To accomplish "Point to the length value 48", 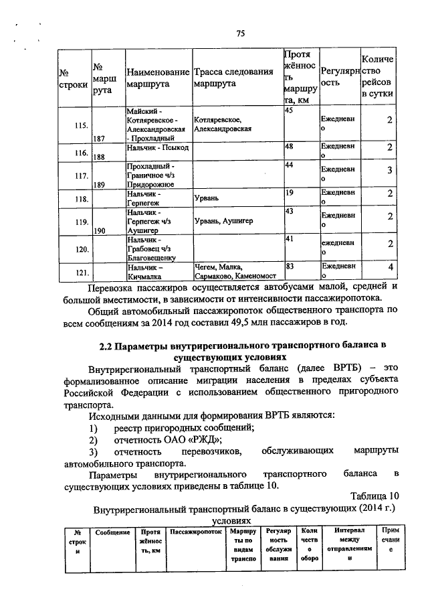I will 290,146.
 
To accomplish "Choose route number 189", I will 102,184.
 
